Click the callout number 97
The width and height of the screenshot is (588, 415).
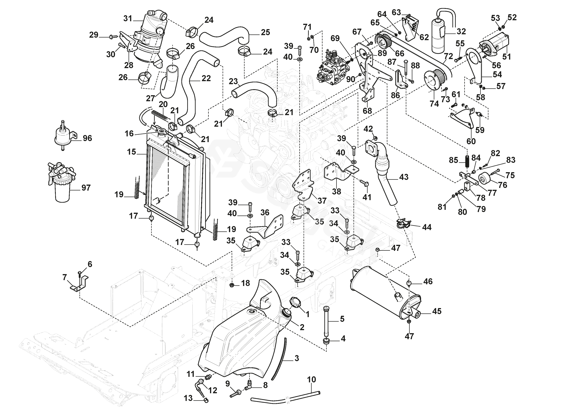[x=86, y=188]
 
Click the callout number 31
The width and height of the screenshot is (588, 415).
[x=128, y=18]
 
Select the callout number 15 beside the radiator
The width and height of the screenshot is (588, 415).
[x=131, y=152]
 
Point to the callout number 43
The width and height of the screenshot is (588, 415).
[x=404, y=177]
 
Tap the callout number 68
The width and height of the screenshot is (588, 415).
[x=367, y=111]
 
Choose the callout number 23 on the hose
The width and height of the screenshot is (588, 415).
[x=233, y=81]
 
